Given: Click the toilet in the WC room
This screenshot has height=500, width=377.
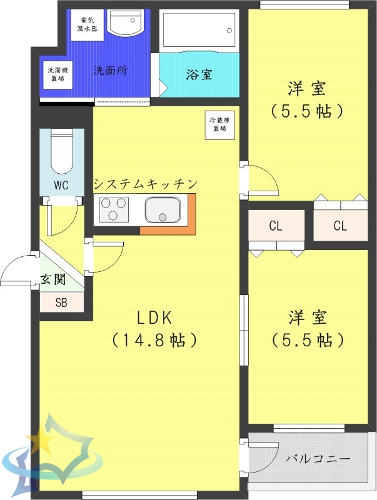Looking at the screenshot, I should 61,152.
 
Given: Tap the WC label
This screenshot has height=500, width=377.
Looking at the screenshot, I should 61,185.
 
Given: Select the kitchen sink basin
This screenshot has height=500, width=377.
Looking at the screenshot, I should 163,210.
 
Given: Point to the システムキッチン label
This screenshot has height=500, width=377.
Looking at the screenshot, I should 146,184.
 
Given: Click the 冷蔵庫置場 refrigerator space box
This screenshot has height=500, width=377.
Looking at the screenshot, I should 218,124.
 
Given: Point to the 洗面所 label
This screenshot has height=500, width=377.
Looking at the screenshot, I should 110,71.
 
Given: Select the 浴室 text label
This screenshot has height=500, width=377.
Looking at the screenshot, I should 199,74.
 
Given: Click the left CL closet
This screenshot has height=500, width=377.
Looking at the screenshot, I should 276,226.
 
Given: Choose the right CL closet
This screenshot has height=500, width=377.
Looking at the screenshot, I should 340,226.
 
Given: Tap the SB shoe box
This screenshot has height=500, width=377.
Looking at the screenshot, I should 61,303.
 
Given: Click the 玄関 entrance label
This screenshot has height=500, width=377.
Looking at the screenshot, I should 53,279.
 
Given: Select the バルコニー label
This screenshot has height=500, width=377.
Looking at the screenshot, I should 318,458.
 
